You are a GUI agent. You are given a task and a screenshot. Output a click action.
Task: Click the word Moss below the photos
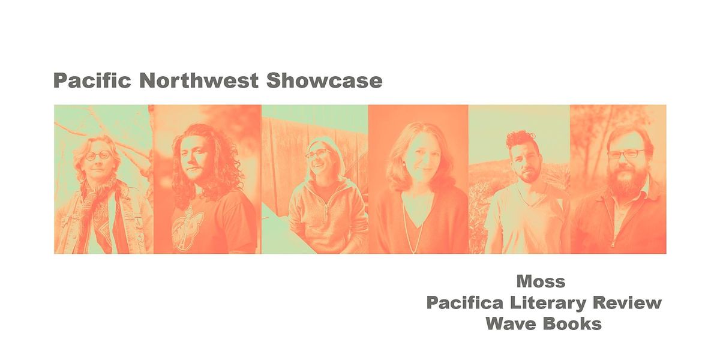coord(541,281)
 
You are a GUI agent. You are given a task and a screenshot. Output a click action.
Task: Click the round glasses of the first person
coord(98,155)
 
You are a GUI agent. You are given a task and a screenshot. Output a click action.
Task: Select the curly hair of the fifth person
coord(520,140)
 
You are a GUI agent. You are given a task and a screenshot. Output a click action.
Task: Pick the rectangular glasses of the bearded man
coord(624,154)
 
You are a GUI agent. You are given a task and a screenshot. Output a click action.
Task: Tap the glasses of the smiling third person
coord(318,154)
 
